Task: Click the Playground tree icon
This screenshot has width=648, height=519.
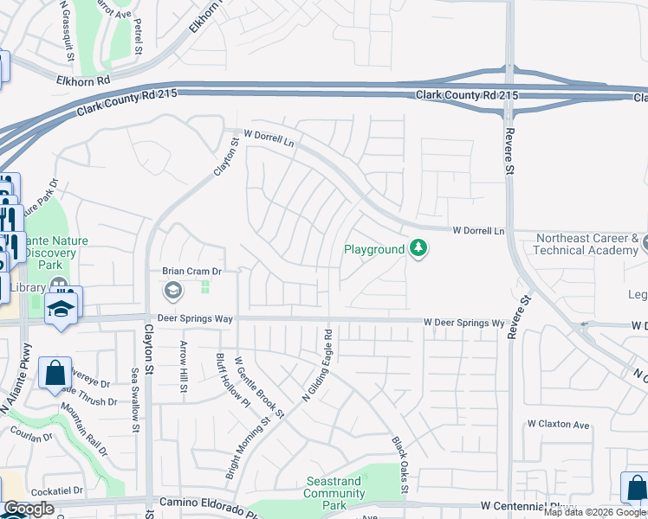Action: [x=419, y=249]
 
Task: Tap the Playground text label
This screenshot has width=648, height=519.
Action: [x=374, y=249]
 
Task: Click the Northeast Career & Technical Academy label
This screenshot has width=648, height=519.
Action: [x=586, y=244]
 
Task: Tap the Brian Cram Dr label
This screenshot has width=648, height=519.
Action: [x=193, y=271]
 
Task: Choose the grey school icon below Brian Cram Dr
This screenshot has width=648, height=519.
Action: [x=173, y=290]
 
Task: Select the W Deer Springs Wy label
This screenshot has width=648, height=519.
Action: [x=463, y=323]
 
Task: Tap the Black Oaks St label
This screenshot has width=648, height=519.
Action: [x=399, y=465]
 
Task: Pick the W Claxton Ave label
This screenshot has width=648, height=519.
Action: [x=558, y=425]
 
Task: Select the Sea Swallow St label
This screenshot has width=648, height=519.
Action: [x=135, y=394]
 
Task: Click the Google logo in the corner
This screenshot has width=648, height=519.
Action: [x=29, y=509]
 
